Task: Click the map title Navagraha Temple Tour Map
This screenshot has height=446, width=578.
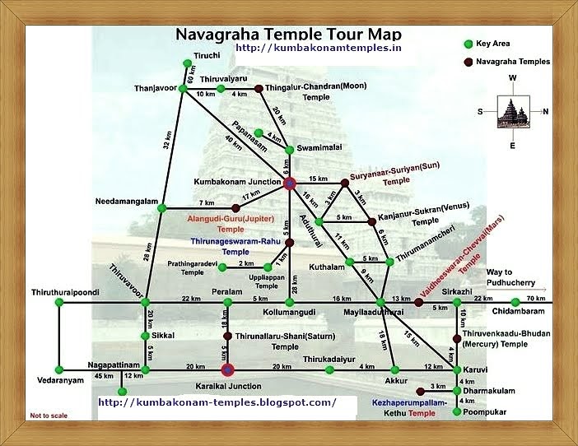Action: pos(288,35)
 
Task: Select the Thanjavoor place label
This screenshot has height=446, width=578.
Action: pos(156,88)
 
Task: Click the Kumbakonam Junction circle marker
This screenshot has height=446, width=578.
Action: pos(289,184)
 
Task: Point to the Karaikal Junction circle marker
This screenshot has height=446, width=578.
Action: pos(228,369)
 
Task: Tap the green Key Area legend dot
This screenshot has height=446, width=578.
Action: pos(468,43)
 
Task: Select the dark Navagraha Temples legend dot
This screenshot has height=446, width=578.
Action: pos(468,62)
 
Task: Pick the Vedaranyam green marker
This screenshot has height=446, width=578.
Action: pos(59,369)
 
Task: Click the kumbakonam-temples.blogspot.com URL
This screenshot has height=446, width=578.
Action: pos(217,402)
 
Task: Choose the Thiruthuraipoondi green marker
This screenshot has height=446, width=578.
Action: pos(59,303)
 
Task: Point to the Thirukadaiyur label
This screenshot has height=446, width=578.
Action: pos(330,359)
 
